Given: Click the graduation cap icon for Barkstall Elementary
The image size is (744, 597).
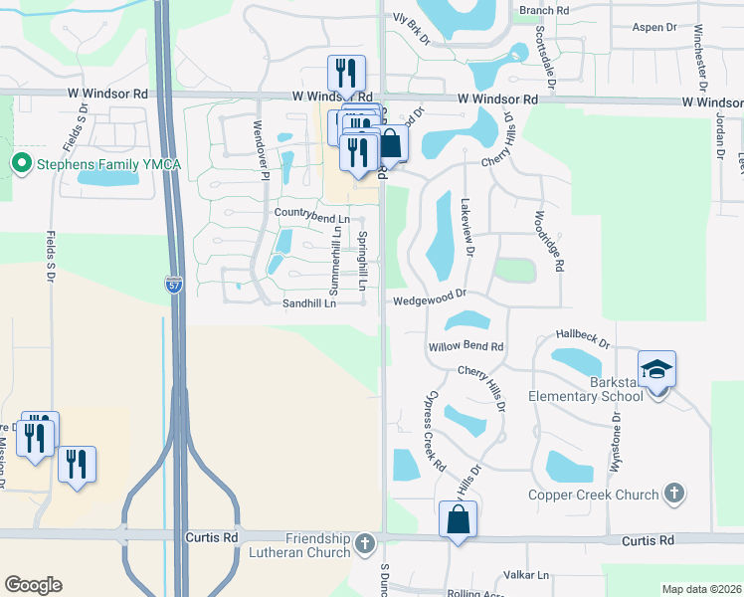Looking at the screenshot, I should click(x=656, y=370).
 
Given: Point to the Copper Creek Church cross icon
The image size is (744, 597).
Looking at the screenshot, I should click(x=674, y=494).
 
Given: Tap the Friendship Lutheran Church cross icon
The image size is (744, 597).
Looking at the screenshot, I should click(x=365, y=543).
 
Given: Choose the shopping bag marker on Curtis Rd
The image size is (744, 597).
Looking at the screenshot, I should click(x=458, y=519).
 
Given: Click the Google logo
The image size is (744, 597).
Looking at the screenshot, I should click(x=33, y=585).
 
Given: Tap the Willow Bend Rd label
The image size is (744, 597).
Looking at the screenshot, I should click(x=466, y=347).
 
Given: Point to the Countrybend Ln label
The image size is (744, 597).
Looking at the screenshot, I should click(x=312, y=216).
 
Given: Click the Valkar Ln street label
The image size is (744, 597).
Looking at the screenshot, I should click(x=526, y=575).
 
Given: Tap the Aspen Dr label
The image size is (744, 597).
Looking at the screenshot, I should click(x=653, y=28).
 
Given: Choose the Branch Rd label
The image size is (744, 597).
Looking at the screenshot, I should click(x=544, y=10).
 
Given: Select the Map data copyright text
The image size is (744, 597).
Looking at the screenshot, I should click(x=701, y=589).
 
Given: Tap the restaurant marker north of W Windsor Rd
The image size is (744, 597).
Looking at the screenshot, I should click(x=346, y=73).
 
